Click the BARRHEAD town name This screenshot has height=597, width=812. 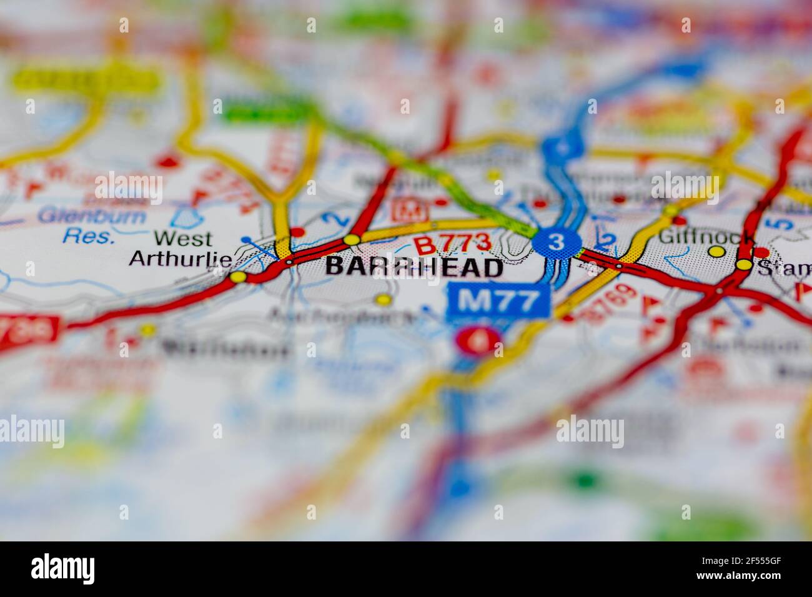[414, 267]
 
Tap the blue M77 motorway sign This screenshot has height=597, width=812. [498, 302]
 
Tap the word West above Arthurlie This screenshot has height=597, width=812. [183, 239]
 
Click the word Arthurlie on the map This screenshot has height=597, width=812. [181, 258]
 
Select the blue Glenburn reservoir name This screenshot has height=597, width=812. [91, 217]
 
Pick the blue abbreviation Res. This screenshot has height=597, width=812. [89, 237]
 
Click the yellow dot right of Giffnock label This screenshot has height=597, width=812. [717, 251]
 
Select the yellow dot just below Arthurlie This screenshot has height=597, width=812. [237, 276]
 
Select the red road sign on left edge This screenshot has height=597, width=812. [28, 329]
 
